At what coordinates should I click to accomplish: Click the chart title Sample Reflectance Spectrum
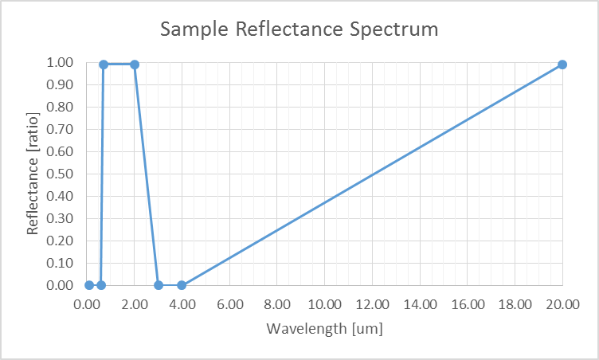(x=299, y=30)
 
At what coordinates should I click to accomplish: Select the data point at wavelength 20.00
(x=562, y=65)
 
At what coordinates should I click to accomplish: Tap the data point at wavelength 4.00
(x=182, y=285)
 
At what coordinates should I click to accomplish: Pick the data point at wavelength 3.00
(x=159, y=285)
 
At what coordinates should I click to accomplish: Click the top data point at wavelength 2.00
(x=135, y=65)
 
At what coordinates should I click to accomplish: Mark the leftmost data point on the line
(x=89, y=285)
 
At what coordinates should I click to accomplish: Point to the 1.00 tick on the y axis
(x=62, y=62)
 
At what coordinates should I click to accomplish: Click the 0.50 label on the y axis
(x=62, y=174)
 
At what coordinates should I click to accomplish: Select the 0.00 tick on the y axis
(x=62, y=285)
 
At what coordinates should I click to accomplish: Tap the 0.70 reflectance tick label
(x=62, y=129)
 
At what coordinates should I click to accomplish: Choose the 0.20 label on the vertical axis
(x=62, y=241)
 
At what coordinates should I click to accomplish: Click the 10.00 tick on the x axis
(x=325, y=304)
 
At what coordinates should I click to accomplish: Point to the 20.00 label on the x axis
(x=562, y=304)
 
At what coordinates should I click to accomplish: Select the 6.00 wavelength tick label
(x=230, y=304)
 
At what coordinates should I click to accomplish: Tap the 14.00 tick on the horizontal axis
(x=420, y=304)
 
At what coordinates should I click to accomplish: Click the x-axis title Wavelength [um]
(x=324, y=327)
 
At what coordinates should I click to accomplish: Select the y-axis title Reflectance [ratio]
(x=33, y=174)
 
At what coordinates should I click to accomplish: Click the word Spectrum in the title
(x=395, y=30)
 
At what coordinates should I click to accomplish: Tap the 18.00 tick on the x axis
(x=515, y=304)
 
